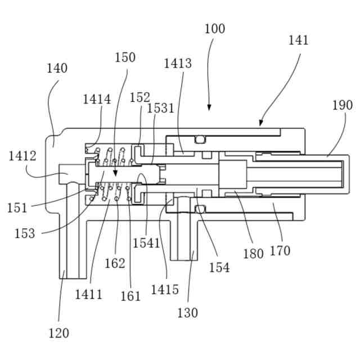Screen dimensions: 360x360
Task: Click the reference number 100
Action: click(x=215, y=29)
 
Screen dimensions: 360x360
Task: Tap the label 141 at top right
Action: click(x=299, y=40)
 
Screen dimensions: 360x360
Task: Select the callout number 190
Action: click(x=342, y=105)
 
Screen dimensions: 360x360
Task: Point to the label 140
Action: click(x=57, y=69)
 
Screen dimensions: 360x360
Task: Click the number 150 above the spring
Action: click(x=125, y=57)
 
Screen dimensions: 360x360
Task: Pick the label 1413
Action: click(x=178, y=63)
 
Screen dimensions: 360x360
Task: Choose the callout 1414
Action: click(x=97, y=100)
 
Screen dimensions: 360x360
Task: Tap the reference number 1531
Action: click(x=161, y=108)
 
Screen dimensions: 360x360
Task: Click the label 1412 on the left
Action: click(x=22, y=156)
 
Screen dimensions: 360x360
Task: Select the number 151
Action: click(x=17, y=208)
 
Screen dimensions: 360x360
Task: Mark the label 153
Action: click(x=24, y=233)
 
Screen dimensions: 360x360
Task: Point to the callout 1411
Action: click(x=89, y=294)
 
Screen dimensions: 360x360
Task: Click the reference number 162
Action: click(x=115, y=263)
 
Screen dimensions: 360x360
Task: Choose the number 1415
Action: click(x=165, y=290)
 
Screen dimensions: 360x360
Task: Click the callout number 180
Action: click(x=253, y=254)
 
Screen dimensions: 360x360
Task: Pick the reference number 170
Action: click(x=280, y=250)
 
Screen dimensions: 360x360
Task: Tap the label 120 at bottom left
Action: click(x=58, y=333)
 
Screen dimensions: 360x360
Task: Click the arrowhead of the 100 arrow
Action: click(x=209, y=109)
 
